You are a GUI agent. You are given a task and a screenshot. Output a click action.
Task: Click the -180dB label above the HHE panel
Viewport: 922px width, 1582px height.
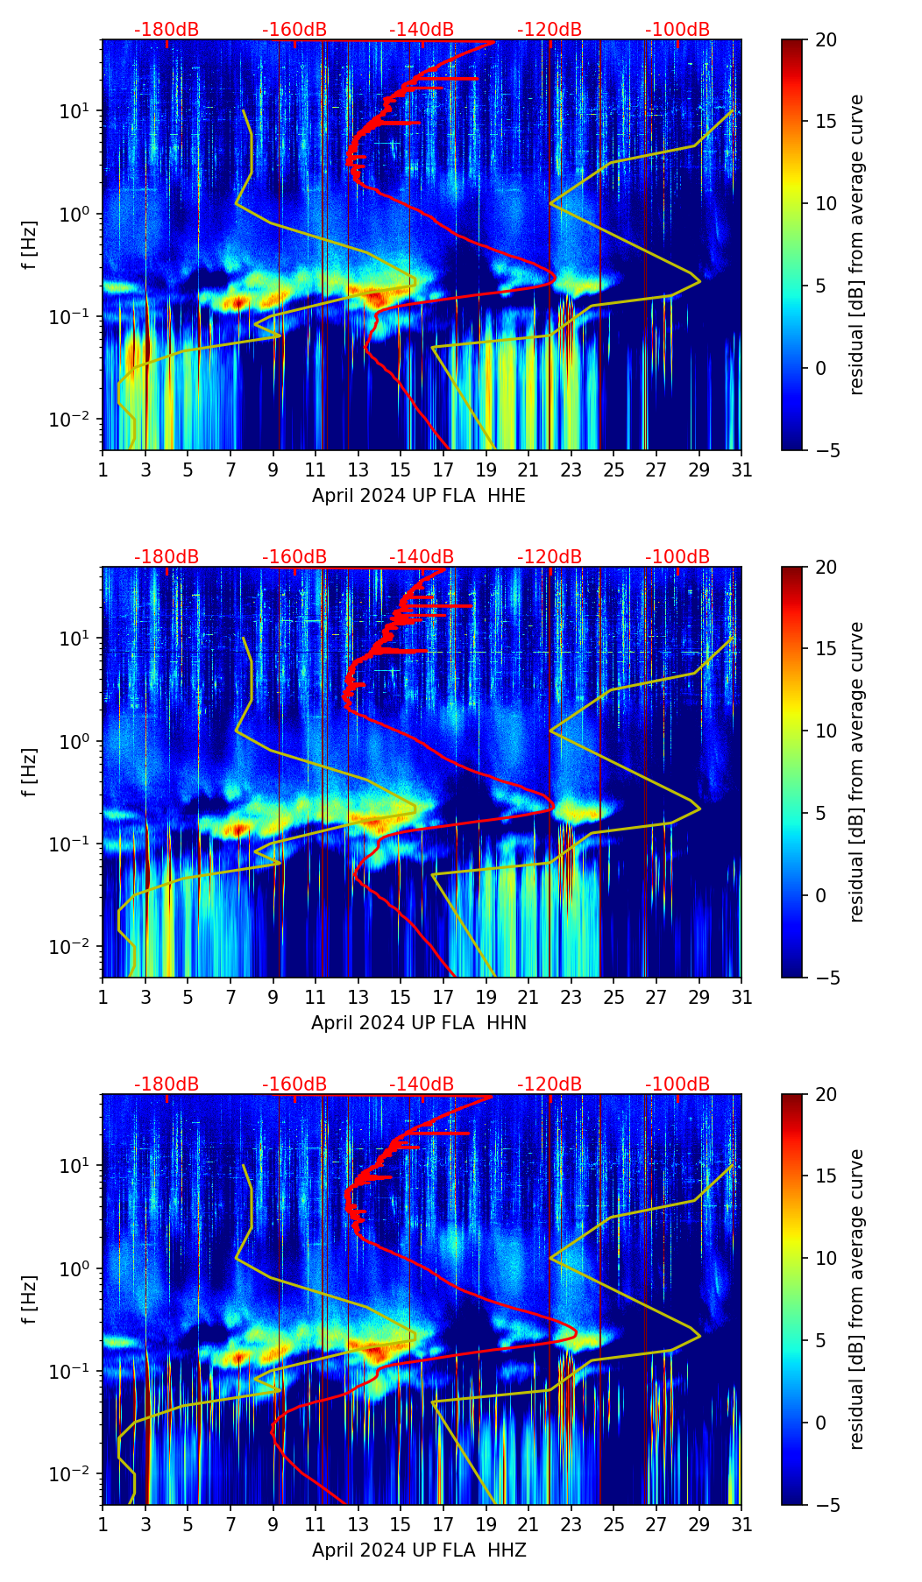pos(167,30)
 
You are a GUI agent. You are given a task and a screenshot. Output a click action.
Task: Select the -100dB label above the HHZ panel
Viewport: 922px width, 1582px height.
pos(677,1084)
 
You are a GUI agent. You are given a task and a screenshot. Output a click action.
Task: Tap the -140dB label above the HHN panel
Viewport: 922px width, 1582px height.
pos(422,557)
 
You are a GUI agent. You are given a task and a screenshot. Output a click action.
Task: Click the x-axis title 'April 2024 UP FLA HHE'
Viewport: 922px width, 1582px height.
pos(419,496)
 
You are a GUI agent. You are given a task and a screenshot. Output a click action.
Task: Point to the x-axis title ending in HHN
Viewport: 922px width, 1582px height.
pos(419,1023)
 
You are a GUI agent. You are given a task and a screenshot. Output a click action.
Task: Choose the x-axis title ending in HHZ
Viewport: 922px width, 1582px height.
pos(419,1550)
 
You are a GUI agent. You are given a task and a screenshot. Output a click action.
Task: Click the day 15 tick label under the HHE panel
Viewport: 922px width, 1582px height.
pos(401,470)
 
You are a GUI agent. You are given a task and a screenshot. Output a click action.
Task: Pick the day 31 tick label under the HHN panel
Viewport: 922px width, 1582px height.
pos(741,997)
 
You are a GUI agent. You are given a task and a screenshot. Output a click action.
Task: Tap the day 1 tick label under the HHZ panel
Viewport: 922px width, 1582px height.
pos(103,1524)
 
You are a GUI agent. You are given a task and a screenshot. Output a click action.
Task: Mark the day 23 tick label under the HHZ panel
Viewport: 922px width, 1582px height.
pos(571,1524)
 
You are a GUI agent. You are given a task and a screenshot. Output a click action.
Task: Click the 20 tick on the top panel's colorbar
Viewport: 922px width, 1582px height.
pos(826,39)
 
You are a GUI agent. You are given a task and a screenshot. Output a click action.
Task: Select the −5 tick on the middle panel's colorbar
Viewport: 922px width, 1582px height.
pos(826,978)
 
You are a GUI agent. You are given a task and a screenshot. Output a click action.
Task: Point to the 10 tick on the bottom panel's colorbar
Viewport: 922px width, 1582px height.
pos(826,1258)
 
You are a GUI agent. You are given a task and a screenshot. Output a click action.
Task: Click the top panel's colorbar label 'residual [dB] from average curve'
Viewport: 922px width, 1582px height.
pos(857,244)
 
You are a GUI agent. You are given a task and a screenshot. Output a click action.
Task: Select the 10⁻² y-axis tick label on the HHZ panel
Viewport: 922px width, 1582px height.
pos(74,1474)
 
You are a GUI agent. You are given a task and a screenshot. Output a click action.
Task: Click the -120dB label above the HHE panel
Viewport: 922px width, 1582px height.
pos(550,30)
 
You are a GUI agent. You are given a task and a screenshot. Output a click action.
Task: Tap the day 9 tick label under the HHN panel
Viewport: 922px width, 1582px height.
pos(273,997)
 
